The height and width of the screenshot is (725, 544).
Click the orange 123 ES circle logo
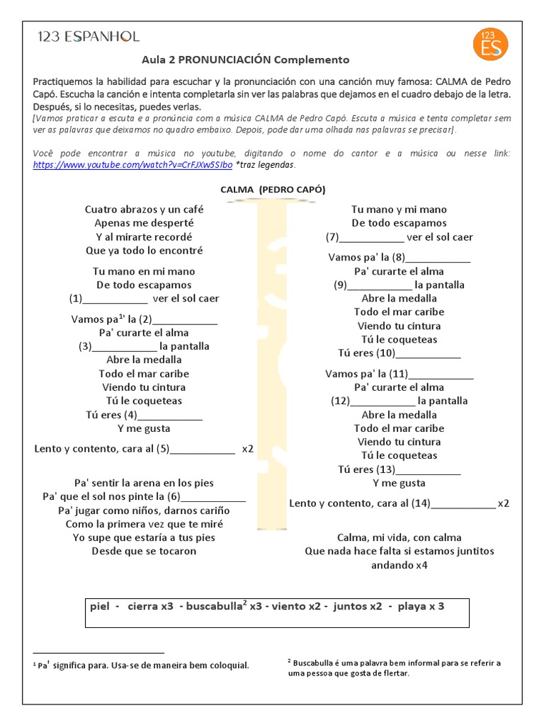click(490, 43)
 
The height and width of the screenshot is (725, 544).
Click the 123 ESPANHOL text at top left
click(89, 37)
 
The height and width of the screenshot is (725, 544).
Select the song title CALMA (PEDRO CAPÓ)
click(273, 189)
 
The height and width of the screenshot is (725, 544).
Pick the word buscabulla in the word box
click(215, 607)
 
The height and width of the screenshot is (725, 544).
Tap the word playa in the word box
click(412, 607)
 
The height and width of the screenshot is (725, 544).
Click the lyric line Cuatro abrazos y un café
click(144, 210)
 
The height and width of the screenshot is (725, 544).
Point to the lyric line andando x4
click(399, 565)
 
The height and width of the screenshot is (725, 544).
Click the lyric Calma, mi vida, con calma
click(399, 537)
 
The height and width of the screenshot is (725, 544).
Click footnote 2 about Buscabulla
click(393, 668)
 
